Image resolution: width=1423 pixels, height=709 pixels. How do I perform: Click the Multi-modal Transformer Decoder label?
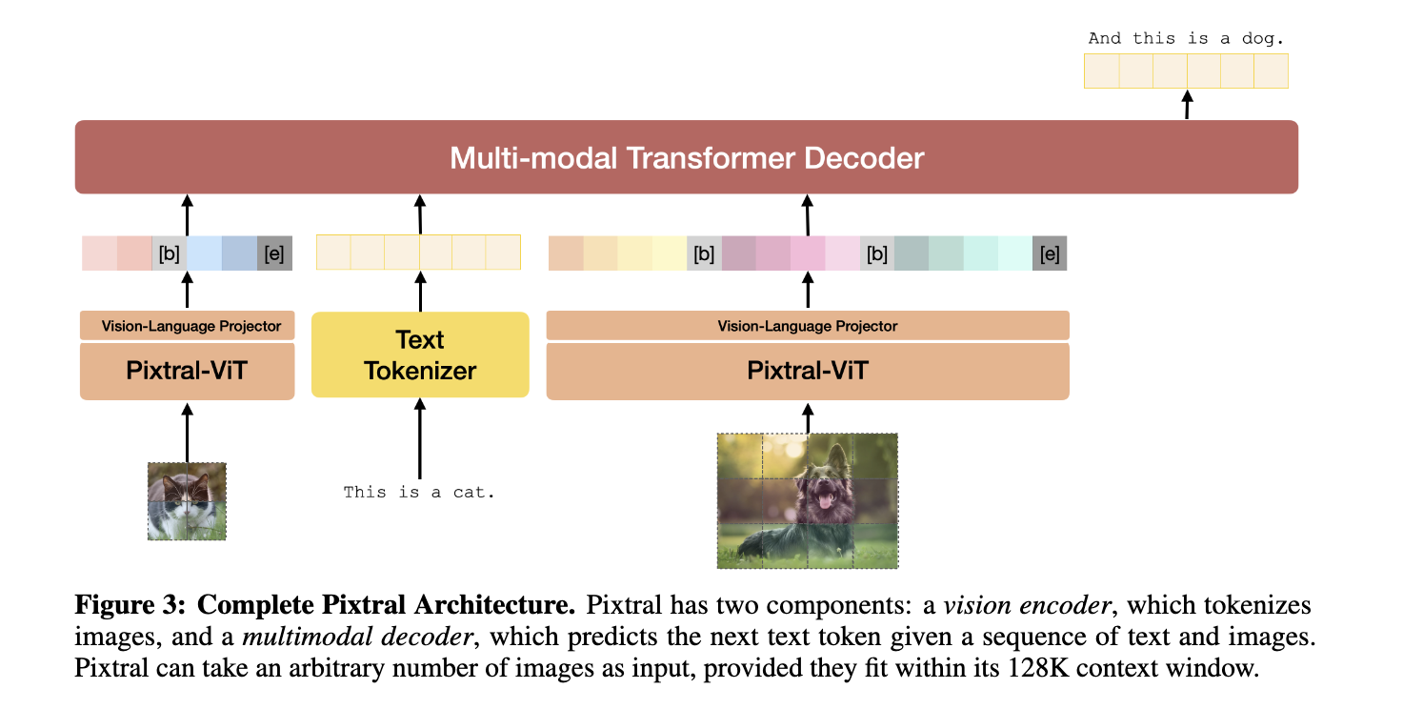click(x=687, y=157)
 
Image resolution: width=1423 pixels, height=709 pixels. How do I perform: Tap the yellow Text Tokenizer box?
click(x=420, y=354)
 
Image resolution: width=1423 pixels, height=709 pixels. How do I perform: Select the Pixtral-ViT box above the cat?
click(x=187, y=370)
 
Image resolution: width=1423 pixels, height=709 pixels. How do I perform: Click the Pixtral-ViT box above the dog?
click(x=808, y=370)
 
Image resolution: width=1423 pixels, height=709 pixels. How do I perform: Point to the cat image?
click(x=187, y=501)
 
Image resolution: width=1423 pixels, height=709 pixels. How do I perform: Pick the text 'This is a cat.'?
click(x=420, y=493)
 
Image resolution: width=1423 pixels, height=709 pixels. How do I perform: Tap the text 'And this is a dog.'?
click(x=1186, y=39)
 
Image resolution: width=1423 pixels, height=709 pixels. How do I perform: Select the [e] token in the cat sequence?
click(x=274, y=253)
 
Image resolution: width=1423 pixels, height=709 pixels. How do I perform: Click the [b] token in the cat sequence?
click(x=170, y=253)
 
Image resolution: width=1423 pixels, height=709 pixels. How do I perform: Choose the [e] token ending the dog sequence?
click(x=1050, y=253)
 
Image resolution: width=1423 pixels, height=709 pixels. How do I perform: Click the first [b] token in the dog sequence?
click(x=704, y=253)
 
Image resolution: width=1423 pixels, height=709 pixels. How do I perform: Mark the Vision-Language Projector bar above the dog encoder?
click(x=808, y=326)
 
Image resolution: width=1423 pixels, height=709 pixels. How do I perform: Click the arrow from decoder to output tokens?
click(x=1187, y=104)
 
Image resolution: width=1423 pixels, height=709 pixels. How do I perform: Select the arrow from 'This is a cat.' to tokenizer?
click(x=420, y=438)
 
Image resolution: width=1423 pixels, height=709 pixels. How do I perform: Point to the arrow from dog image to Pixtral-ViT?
click(x=808, y=416)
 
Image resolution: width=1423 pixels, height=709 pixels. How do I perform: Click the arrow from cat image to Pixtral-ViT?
click(x=187, y=432)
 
